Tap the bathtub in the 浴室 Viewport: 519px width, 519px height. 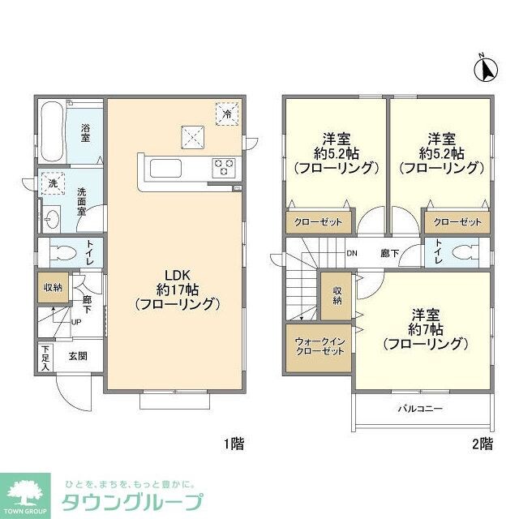51,131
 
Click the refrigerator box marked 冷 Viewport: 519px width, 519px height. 228,114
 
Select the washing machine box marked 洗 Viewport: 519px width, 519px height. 51,185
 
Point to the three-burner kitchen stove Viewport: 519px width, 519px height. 225,168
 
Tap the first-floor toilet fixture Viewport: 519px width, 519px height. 61,252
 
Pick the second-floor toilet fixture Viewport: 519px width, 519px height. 461,251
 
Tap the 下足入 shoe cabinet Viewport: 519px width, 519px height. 44,358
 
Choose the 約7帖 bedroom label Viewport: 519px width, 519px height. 426,328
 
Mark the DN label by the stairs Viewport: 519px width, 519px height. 352,252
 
